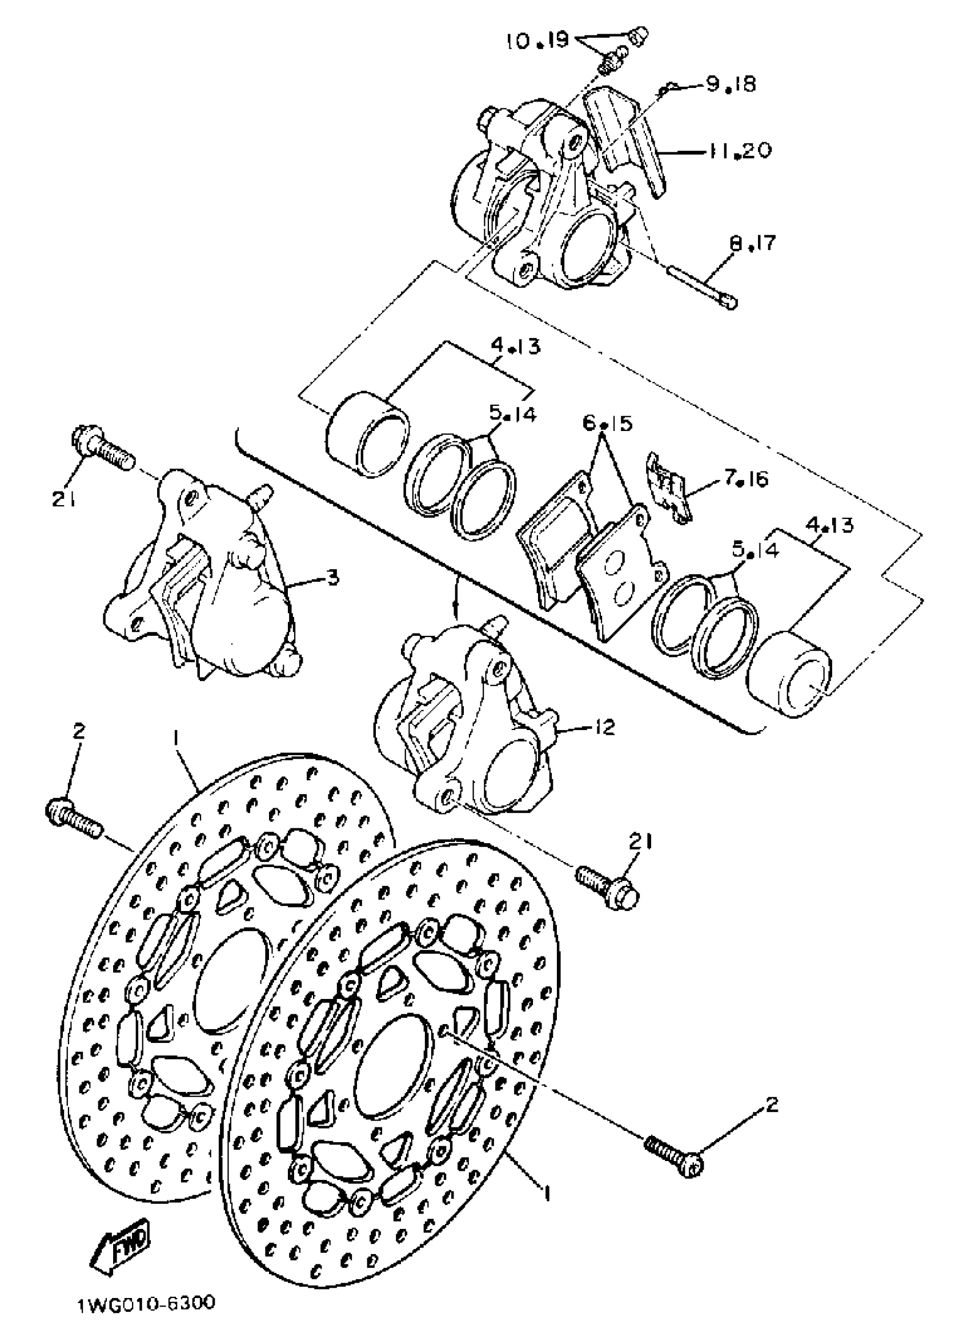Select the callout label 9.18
coord(731,84)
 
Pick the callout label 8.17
coord(752,243)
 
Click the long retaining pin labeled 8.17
coord(701,287)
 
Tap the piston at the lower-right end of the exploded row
coord(791,675)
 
